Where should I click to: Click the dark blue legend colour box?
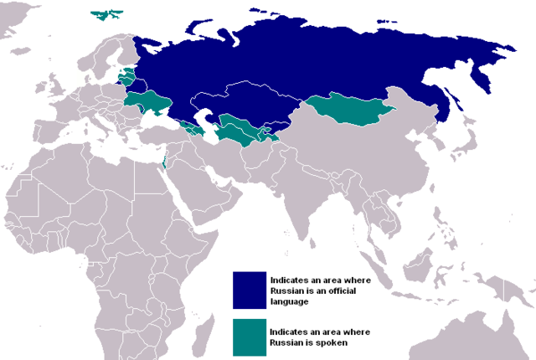click(248, 290)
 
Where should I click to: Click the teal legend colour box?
click(248, 336)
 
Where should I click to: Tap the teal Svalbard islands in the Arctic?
click(104, 14)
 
